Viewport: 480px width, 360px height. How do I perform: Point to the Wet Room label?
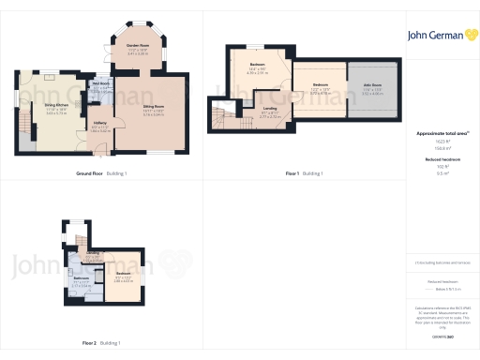[x=99, y=85]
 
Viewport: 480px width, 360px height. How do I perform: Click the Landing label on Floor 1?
[x=269, y=114]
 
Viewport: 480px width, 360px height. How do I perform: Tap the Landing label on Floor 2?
[x=93, y=254]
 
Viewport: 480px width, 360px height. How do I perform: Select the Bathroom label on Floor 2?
[x=82, y=281]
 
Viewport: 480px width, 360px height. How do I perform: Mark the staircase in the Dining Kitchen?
[x=24, y=121]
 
